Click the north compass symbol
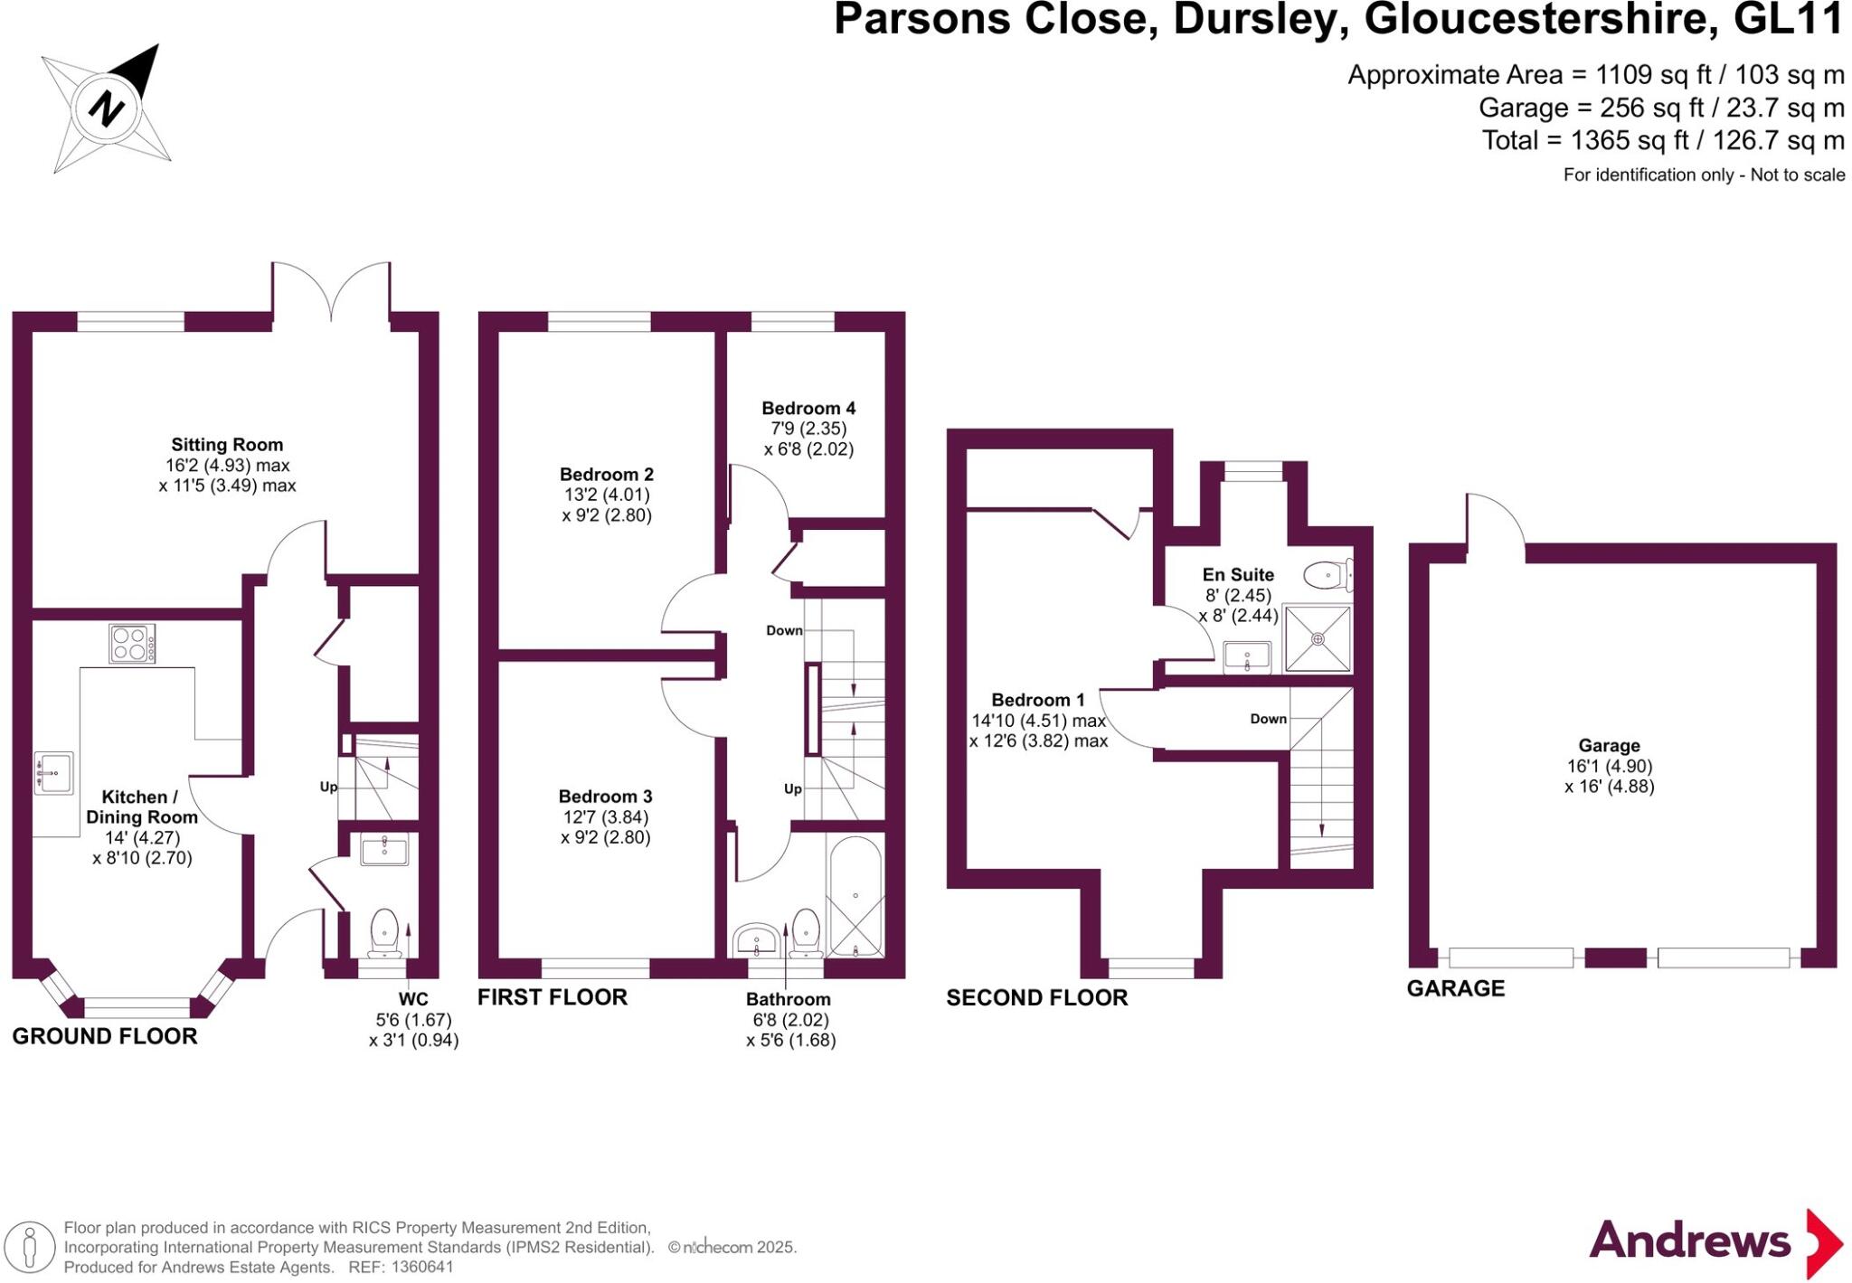(x=107, y=108)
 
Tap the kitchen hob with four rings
(x=132, y=644)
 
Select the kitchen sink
(x=53, y=773)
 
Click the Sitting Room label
(x=227, y=445)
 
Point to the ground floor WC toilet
(x=385, y=931)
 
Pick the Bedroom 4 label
(x=808, y=409)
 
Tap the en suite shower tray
(x=1318, y=639)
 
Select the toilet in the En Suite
(x=1327, y=574)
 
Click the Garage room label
(x=1609, y=746)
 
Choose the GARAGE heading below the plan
(x=1456, y=988)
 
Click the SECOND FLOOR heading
(x=1037, y=998)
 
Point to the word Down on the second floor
(x=1268, y=719)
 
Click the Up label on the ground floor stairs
(x=328, y=787)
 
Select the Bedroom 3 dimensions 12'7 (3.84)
(x=605, y=817)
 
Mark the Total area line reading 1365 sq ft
(x=1662, y=141)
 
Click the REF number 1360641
(x=421, y=1268)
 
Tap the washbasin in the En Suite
(x=1247, y=656)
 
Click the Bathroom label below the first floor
(x=788, y=999)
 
